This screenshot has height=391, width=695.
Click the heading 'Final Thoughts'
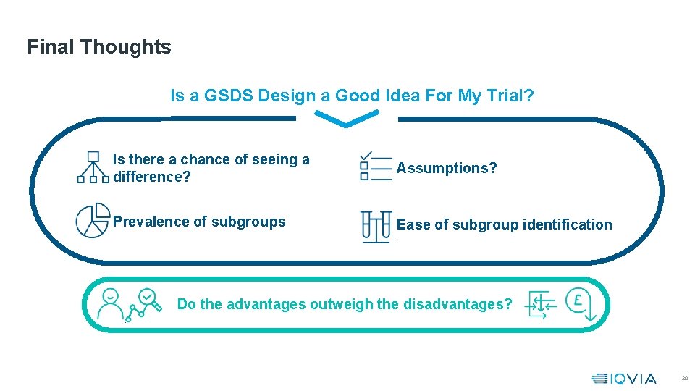(99, 47)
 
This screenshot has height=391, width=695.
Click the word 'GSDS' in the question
(226, 96)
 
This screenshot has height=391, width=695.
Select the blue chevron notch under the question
(347, 118)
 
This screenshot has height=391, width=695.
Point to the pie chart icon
(93, 221)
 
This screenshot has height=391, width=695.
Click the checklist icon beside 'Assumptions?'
(375, 167)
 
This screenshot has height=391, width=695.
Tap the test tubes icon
(376, 226)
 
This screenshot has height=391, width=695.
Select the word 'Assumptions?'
(447, 168)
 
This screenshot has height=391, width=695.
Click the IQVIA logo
(623, 378)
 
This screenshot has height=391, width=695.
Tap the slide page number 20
(684, 379)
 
